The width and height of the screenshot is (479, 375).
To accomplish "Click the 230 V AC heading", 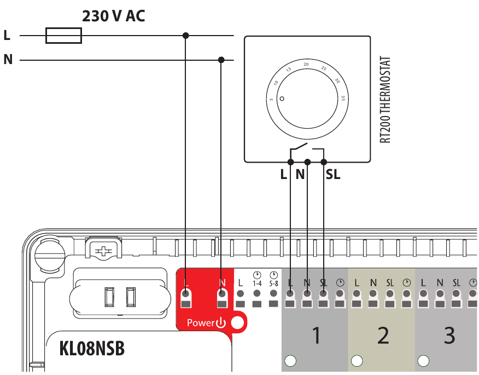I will pos(114,16).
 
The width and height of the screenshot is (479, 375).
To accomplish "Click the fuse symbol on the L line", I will pos(64,36).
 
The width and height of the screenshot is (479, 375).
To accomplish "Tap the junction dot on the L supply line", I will pos(186,36).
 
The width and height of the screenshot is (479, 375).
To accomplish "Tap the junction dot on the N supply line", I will pos(221,60).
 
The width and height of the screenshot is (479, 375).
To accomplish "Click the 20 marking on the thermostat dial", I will pos(306,65).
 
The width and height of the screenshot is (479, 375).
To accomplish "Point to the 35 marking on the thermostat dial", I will pos(342,99).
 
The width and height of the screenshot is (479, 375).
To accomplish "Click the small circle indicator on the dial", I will pos(282,99).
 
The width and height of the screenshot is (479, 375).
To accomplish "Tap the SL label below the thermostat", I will pos(332,175).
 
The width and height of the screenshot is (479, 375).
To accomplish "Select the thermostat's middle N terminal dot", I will pos(307,162).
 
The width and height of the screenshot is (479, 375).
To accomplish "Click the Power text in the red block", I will pos(201,323).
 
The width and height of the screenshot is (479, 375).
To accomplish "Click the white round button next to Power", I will pos(237,323).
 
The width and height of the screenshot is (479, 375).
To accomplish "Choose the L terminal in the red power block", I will pos(186,299).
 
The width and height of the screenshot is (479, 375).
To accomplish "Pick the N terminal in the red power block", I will pos(221,299).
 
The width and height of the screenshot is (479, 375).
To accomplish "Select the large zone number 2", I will pos(383,335).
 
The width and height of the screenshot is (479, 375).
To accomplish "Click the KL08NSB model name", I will pos(92,349).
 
